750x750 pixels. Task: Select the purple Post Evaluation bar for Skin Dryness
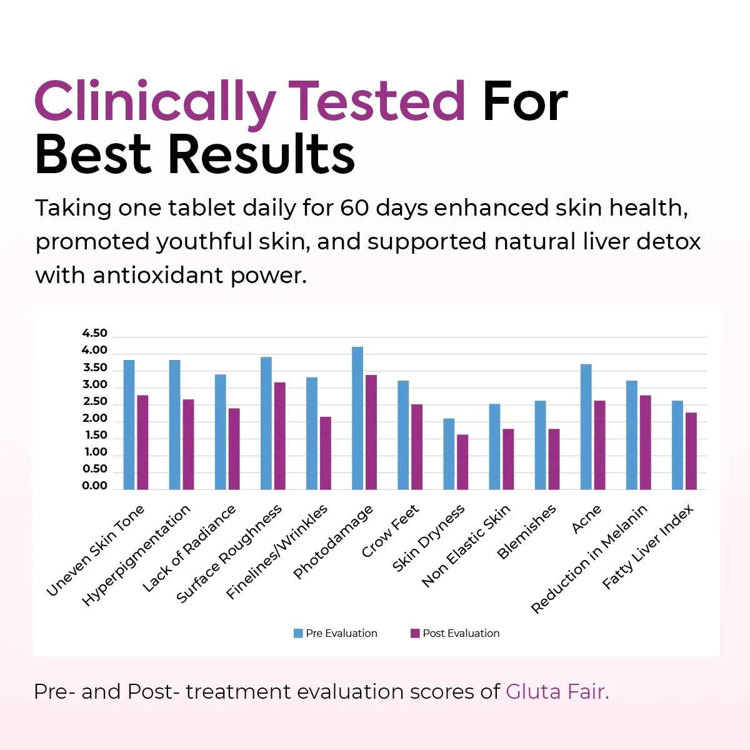click(x=462, y=462)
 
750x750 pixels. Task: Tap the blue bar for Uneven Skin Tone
click(x=129, y=424)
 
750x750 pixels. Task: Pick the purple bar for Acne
click(x=599, y=445)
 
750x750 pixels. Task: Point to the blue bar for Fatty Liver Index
click(x=677, y=445)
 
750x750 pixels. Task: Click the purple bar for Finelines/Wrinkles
click(x=325, y=453)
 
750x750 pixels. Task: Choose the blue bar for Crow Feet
click(x=403, y=435)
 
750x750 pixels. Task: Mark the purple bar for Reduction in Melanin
click(x=645, y=442)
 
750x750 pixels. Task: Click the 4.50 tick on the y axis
click(x=95, y=333)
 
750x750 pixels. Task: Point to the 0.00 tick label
click(x=95, y=486)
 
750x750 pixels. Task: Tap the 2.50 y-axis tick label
click(x=95, y=401)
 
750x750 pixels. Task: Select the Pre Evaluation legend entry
click(x=336, y=633)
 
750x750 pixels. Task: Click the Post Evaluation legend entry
click(x=455, y=633)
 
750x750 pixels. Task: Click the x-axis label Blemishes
click(x=526, y=532)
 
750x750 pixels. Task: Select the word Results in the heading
click(x=262, y=154)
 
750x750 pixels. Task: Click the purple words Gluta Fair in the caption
click(x=557, y=691)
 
